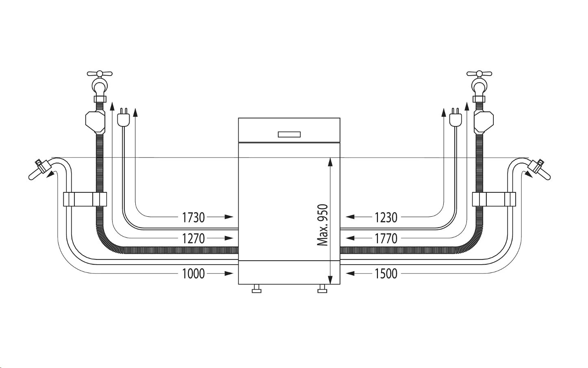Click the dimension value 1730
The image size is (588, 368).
193,218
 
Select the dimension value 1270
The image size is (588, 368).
193,239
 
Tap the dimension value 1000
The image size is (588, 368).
193,274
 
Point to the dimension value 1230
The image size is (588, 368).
386,218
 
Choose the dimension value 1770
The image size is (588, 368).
386,239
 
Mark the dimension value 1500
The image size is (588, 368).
386,274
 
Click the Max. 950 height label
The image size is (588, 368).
323,225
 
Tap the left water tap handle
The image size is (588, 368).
100,74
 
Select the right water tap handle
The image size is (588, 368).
479,74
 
